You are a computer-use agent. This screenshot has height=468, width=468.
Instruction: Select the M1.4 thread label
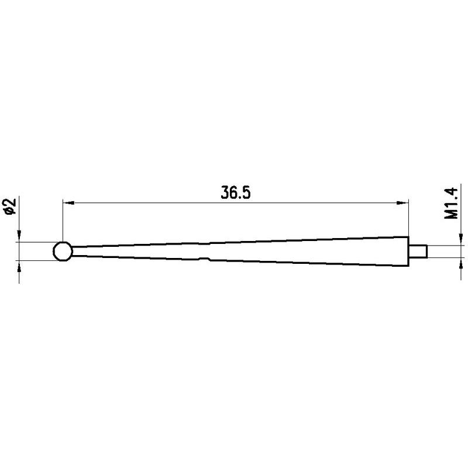[450, 204]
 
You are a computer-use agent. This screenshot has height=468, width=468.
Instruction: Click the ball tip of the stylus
[62, 252]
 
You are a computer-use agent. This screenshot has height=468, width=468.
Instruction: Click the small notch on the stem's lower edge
[205, 259]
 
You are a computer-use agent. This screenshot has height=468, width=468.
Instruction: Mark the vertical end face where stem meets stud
[408, 251]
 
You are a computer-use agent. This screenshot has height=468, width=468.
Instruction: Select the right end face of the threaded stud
[428, 251]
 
